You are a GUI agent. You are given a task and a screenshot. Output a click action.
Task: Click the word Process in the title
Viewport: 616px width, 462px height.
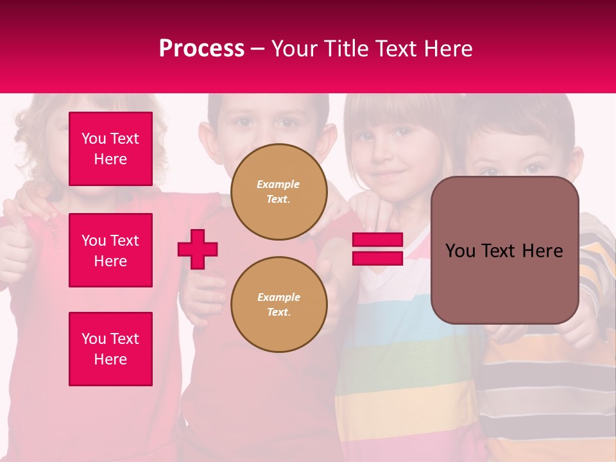[x=201, y=49]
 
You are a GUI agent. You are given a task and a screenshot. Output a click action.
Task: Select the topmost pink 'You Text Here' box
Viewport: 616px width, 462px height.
[x=110, y=149]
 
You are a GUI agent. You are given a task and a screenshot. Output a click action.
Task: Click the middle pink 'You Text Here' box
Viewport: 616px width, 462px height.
[x=110, y=250]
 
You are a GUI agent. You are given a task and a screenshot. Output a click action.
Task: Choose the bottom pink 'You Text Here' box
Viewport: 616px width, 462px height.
[x=110, y=349]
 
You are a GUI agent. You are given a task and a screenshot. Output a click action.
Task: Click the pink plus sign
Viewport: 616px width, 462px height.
[x=198, y=249]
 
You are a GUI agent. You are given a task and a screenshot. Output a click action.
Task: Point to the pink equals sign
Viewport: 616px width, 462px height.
[x=377, y=249]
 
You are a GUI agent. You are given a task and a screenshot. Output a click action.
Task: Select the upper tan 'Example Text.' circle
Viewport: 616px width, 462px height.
[x=278, y=192]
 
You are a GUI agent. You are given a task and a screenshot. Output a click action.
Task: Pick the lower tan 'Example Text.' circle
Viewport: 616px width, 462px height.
[x=278, y=305]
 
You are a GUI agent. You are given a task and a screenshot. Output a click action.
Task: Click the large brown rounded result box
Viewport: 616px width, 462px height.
[x=504, y=282]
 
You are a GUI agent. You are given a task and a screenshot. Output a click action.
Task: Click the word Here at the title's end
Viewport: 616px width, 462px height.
[x=450, y=49]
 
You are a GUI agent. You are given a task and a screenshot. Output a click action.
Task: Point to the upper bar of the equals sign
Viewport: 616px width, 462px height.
[x=377, y=240]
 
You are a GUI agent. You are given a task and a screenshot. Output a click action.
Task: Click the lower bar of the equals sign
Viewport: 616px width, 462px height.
[x=377, y=258]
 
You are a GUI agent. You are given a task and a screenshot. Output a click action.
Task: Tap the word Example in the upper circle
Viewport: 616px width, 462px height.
[x=278, y=184]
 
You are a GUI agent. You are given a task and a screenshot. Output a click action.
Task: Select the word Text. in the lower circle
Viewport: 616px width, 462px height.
[x=278, y=312]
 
